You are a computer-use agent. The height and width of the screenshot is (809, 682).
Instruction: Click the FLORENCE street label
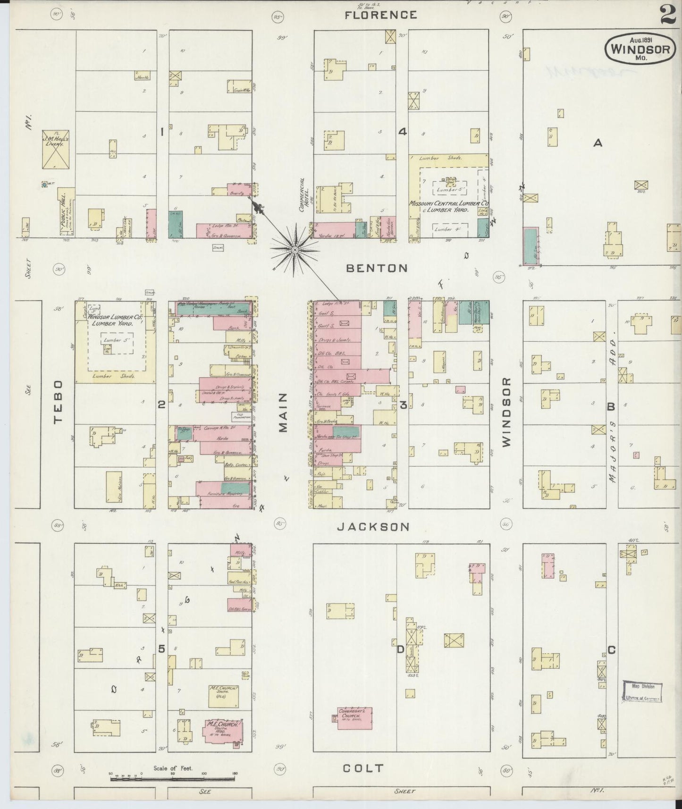pyautogui.click(x=380, y=15)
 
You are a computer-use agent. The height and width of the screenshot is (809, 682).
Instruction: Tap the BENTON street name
pyautogui.click(x=377, y=268)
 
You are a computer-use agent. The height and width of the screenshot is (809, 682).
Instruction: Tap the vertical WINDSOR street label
pyautogui.click(x=506, y=412)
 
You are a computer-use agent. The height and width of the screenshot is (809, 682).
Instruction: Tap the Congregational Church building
pyautogui.click(x=352, y=718)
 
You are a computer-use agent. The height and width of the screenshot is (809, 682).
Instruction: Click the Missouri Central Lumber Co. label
pyautogui.click(x=448, y=206)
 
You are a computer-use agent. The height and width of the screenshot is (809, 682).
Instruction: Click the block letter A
pyautogui.click(x=598, y=143)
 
